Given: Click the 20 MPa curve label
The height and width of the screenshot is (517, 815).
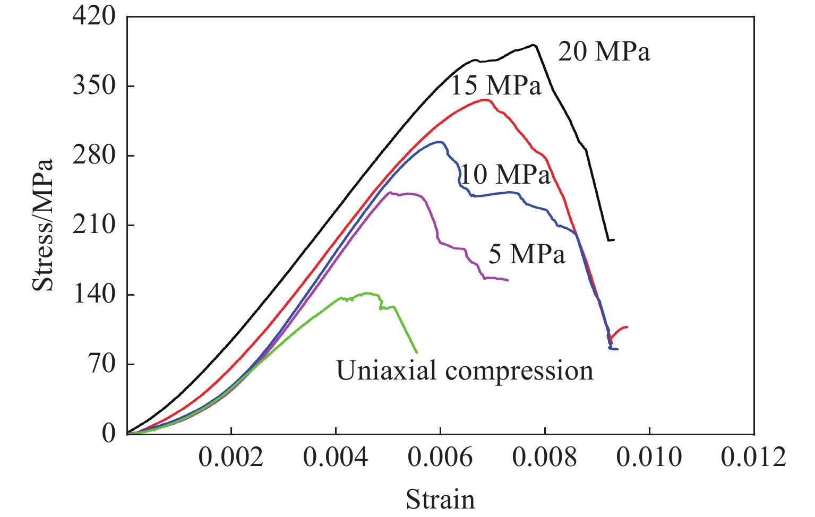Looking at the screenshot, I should tap(604, 52).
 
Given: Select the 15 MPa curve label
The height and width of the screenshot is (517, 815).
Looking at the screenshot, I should tap(496, 85).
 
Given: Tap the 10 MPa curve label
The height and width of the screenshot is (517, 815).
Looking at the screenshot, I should tap(505, 174).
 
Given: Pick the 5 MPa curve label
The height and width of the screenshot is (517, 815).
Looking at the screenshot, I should tap(526, 254).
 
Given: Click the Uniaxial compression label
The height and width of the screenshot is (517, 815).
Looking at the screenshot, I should tap(465, 370).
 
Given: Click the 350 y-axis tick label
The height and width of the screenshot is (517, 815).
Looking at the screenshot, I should tap(94, 85).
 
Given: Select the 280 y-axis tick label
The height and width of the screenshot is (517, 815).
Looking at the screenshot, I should tap(94, 155).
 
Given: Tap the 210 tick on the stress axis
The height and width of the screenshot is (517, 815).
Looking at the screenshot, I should tap(94, 225).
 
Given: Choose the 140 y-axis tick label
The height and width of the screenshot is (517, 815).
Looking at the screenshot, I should tap(94, 294).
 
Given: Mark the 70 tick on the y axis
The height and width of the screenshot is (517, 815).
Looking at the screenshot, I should tap(102, 364).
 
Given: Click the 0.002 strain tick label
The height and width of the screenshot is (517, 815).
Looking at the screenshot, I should tap(231, 456).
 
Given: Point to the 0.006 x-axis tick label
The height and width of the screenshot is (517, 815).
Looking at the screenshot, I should tap(440, 456).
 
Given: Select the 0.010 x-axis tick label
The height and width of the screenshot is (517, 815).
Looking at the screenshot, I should tap(649, 456).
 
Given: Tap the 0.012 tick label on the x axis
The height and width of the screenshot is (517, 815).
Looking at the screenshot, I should tap(753, 456).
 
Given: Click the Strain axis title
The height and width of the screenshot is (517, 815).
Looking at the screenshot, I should tap(440, 499).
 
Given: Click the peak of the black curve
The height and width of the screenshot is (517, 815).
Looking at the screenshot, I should tap(534, 45).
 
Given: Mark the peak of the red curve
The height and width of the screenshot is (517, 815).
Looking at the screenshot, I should tap(484, 100).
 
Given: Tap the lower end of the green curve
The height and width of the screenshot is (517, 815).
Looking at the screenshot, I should tap(416, 352).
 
